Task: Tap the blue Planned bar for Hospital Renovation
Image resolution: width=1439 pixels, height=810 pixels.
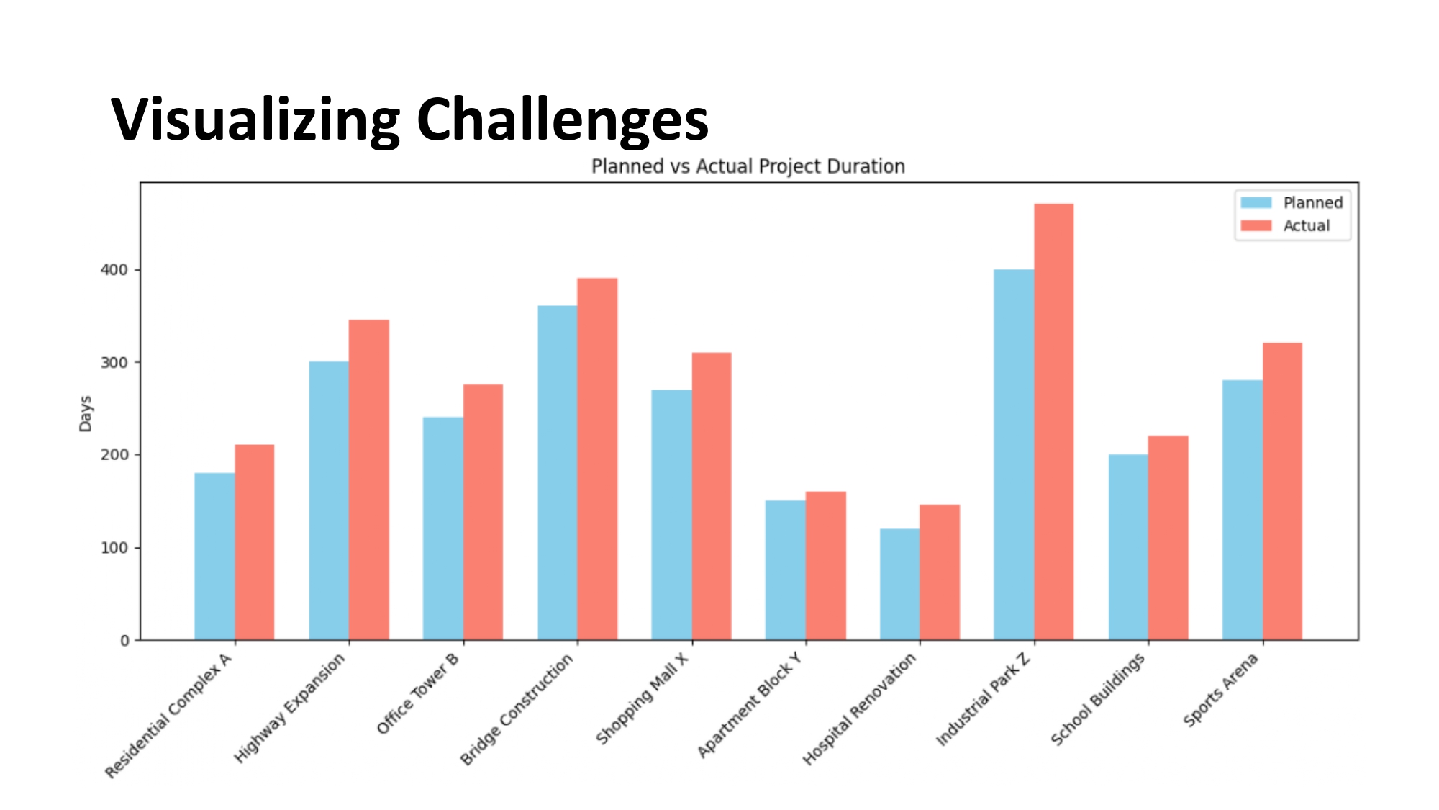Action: click(x=899, y=584)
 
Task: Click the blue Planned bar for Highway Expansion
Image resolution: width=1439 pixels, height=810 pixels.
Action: click(x=329, y=500)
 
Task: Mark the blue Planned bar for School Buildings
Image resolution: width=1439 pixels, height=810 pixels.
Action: click(x=1128, y=546)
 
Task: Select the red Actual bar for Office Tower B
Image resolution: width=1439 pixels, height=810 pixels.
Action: click(x=483, y=512)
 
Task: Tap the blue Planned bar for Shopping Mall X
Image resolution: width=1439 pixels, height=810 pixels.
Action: click(x=671, y=514)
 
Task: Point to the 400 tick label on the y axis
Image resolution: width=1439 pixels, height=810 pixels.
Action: click(x=114, y=270)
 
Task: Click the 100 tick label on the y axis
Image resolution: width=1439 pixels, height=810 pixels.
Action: click(x=114, y=548)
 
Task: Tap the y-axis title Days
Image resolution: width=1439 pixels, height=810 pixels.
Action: click(x=86, y=414)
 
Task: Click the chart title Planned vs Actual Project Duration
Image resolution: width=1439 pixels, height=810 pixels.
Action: click(x=748, y=166)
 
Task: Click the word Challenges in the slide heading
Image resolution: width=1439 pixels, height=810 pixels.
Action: click(x=562, y=120)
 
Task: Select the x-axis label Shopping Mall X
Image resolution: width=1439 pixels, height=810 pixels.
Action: click(x=642, y=698)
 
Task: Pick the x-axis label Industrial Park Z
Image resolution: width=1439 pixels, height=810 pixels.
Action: click(x=983, y=699)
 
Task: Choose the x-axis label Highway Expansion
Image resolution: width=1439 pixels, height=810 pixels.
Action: click(x=289, y=708)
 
